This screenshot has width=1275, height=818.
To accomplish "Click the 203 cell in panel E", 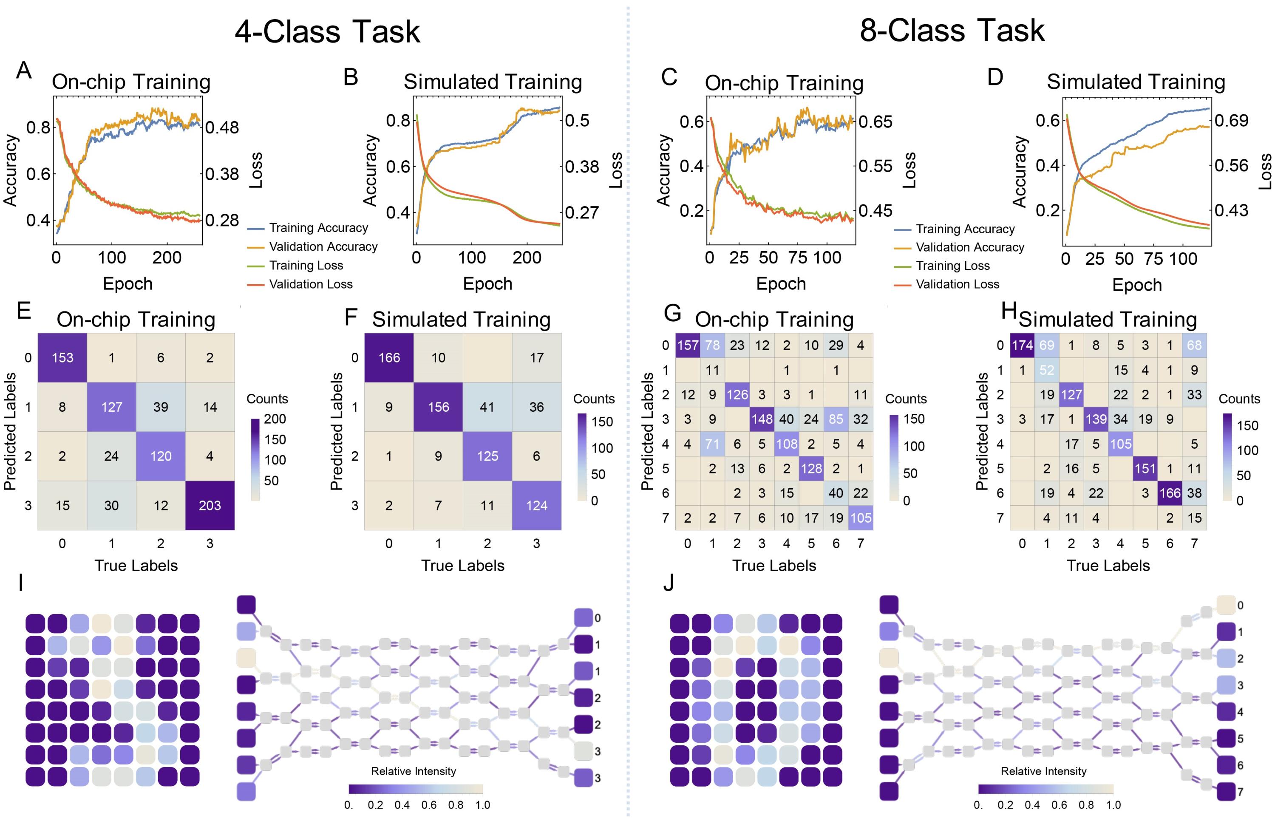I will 210,505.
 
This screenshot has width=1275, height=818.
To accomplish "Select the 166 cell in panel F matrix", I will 389,357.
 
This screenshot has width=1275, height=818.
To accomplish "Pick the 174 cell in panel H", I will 1022,345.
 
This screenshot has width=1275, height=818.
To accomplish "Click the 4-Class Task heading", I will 327,31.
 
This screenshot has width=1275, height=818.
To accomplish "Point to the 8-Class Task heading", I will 952,30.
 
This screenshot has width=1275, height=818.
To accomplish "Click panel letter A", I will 23,70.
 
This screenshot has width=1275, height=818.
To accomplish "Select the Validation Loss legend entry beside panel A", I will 311,284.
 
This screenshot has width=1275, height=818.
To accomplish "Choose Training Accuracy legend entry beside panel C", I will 965,229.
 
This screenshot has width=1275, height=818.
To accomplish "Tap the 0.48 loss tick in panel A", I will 222,127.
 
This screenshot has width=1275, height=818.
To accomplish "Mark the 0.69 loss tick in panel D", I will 1232,120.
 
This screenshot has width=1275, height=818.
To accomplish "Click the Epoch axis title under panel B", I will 487,284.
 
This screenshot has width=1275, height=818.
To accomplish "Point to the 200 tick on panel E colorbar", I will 275,419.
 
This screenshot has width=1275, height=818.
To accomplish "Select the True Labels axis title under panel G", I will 774,565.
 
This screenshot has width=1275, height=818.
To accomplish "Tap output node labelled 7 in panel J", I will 1226,791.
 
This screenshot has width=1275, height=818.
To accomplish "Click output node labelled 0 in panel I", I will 583,618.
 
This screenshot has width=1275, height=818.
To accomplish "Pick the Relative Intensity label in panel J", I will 1043,771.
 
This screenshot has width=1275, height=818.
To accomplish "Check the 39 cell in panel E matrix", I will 161,407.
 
